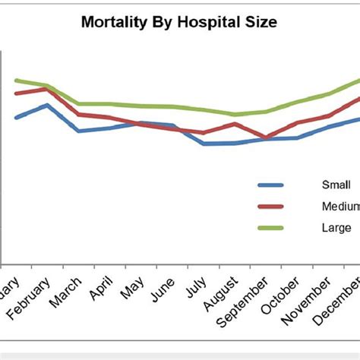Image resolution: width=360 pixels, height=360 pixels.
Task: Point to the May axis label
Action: (x=134, y=286)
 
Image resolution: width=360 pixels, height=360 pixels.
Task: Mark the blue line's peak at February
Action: (x=48, y=105)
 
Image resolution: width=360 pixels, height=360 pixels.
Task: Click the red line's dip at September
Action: (x=266, y=138)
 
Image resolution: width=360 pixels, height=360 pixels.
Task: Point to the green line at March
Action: (x=79, y=104)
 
